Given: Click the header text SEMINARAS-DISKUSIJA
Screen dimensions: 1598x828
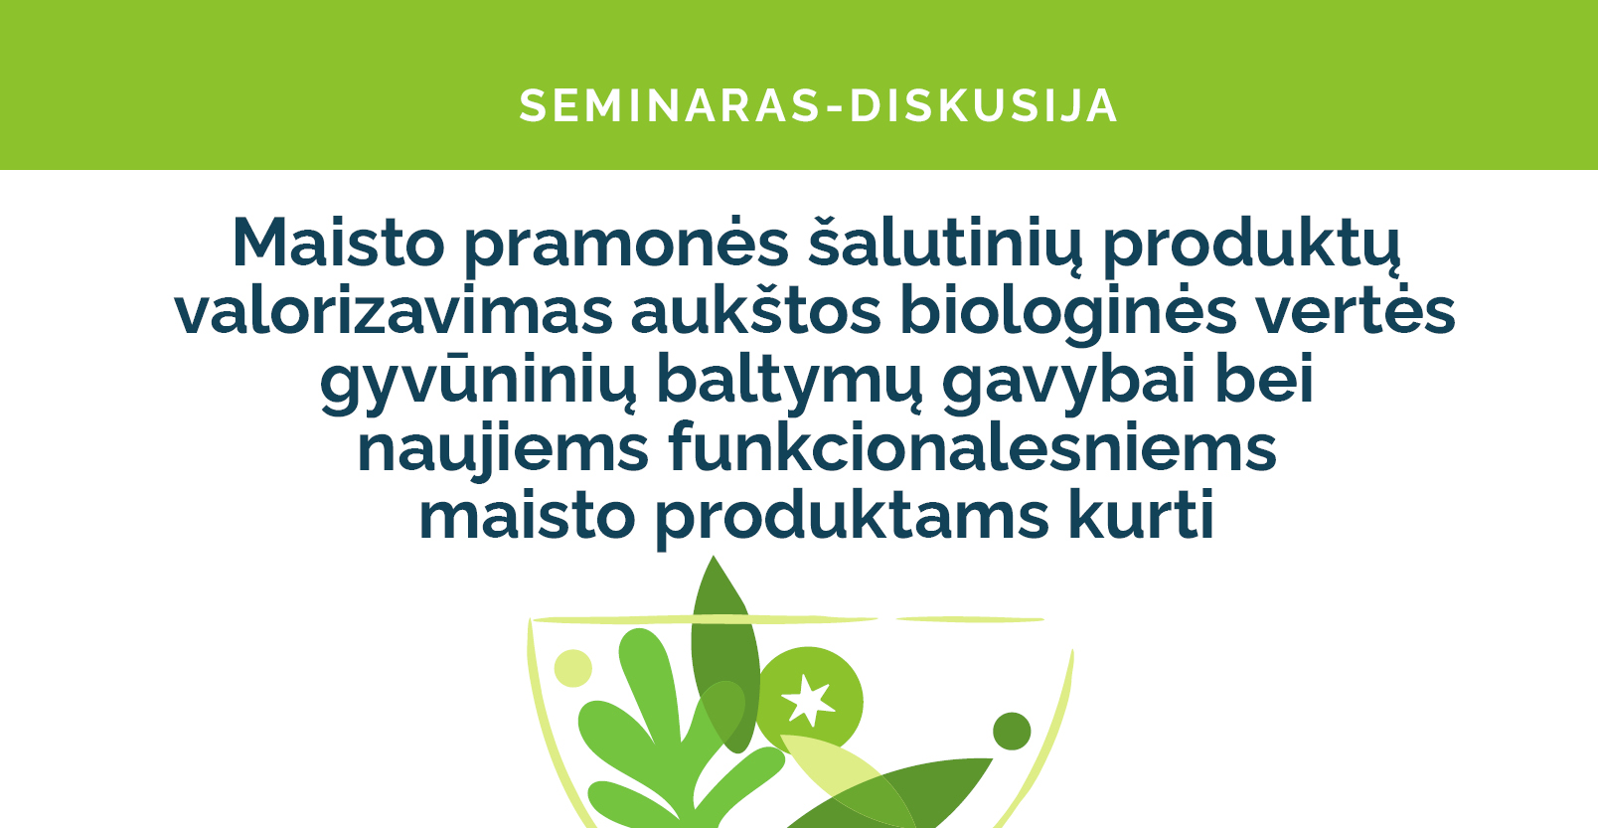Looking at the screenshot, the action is (818, 106).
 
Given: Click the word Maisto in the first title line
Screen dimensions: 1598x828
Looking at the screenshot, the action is (338, 244).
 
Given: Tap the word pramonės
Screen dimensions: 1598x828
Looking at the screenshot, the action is (626, 247).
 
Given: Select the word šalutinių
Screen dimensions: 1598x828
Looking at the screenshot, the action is (945, 247).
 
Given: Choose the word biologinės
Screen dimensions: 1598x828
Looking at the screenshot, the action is (1067, 315).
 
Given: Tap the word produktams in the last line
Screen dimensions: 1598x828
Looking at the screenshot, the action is (852, 519).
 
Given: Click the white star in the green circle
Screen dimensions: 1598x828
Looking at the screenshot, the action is (808, 701).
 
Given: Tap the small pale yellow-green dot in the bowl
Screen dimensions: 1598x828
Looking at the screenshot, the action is (572, 668).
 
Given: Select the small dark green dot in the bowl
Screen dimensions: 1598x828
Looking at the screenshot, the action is (1012, 731).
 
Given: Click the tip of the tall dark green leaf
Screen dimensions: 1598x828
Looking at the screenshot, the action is (713, 556).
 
